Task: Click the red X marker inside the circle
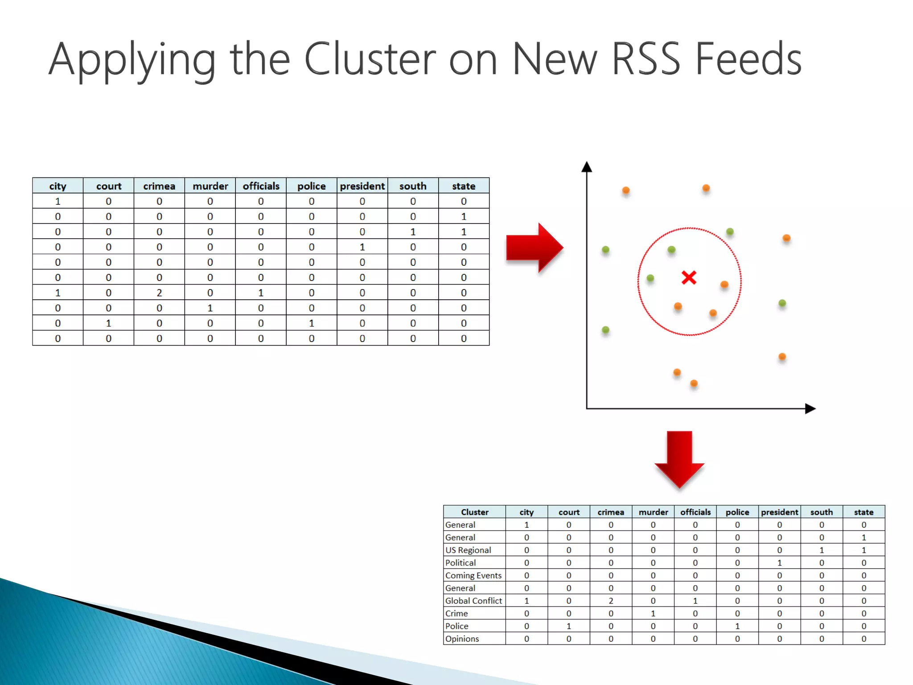coord(689,278)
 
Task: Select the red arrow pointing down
coord(679,459)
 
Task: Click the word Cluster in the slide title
coord(370,59)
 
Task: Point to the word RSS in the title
coord(646,59)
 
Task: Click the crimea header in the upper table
coord(159,186)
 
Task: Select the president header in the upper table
coord(362,186)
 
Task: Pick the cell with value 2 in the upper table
coord(159,293)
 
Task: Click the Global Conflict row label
coord(473,601)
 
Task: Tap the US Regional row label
coord(468,550)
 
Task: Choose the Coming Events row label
coord(473,575)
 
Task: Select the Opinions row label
coord(462,639)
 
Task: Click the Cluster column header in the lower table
coord(474,512)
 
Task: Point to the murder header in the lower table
coord(653,512)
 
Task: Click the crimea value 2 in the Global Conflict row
coord(611,601)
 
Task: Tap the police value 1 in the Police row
coord(737,626)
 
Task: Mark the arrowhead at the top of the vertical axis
coord(587,167)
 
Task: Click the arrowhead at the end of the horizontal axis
coord(810,409)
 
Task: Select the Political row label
coord(461,563)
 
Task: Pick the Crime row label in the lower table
coord(456,614)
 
